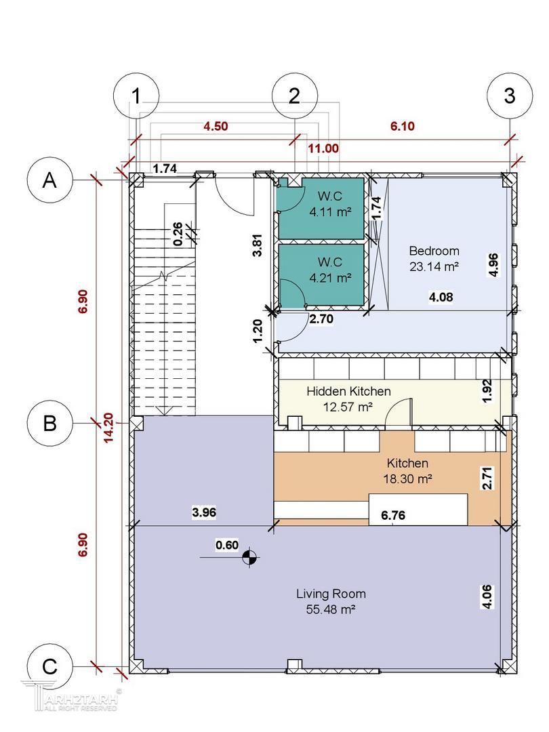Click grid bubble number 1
(136, 96)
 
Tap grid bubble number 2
(295, 96)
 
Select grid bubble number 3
(510, 96)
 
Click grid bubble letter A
(50, 180)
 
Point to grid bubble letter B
(50, 423)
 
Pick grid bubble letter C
(50, 666)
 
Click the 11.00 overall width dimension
(323, 148)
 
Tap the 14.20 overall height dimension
(108, 428)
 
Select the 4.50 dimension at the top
(216, 126)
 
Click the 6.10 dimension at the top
(403, 126)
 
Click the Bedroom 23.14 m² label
(434, 259)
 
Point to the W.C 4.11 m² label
(330, 204)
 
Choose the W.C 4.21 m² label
(330, 270)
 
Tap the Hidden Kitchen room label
(348, 399)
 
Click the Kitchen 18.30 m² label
(407, 470)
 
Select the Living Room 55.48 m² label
(331, 601)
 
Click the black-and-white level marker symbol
(249, 557)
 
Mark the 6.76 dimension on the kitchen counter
(393, 515)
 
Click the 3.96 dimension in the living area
(204, 512)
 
